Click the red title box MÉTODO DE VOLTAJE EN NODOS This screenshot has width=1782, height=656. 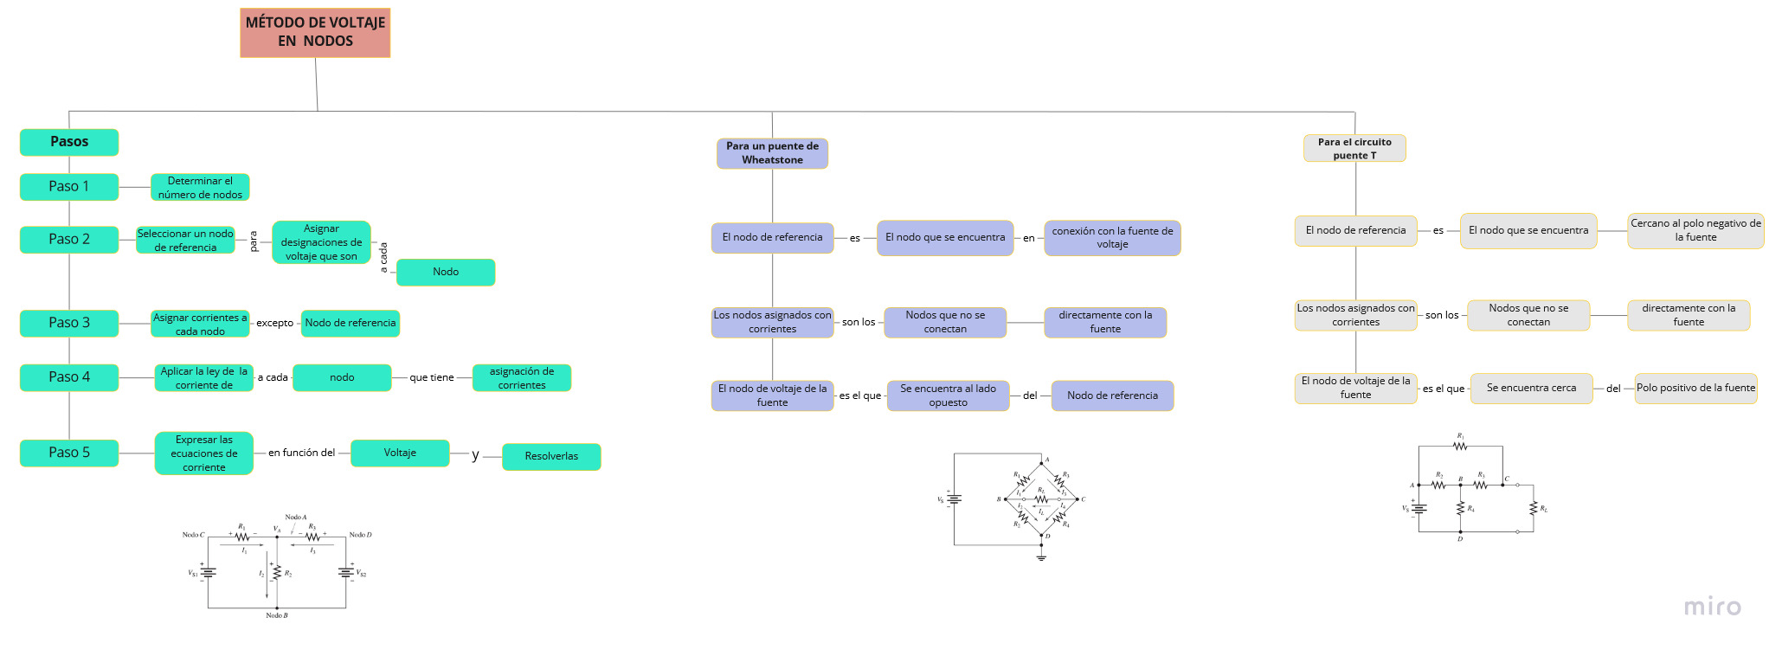tap(315, 33)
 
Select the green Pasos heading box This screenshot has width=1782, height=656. tap(69, 142)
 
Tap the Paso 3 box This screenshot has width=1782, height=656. tap(69, 323)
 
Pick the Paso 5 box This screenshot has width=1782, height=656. tap(69, 453)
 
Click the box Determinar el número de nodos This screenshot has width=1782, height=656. tap(200, 188)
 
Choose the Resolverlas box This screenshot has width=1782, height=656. tap(551, 456)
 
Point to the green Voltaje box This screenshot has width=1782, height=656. tap(400, 453)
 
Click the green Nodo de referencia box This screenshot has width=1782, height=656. tap(351, 323)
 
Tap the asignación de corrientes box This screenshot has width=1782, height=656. tap(522, 378)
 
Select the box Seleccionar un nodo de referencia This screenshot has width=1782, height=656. tap(185, 241)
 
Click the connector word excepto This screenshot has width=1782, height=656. tap(275, 323)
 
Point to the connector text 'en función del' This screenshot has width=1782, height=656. tap(301, 453)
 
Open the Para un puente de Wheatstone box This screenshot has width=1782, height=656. tap(772, 153)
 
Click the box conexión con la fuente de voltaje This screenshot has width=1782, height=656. tap(1112, 238)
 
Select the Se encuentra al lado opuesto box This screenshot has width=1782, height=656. tap(948, 396)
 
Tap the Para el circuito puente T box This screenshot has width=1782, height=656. tap(1354, 149)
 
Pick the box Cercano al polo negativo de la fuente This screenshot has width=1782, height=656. tap(1695, 230)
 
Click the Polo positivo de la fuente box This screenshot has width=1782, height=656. tap(1695, 388)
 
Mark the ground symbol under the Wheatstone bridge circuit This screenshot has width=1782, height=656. tap(1041, 557)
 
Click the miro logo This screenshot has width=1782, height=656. tap(1712, 607)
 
